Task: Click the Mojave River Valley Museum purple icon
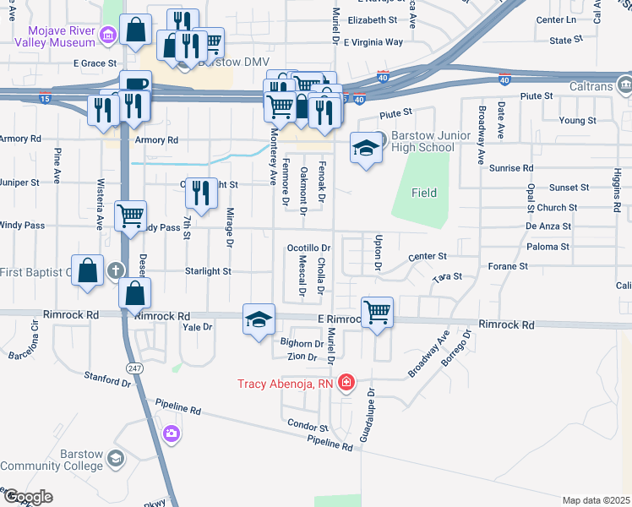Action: click(107, 35)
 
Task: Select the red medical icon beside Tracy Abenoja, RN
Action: click(346, 384)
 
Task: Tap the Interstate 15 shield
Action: click(44, 99)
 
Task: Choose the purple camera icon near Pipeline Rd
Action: click(172, 433)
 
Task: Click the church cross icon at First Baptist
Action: click(116, 271)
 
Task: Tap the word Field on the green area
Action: click(424, 193)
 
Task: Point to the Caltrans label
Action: click(589, 85)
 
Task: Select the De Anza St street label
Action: click(548, 226)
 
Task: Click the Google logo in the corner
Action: click(28, 496)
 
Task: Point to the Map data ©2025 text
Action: click(596, 500)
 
